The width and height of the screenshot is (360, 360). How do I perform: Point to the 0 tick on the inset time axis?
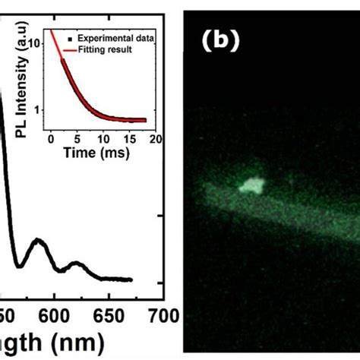(x=51, y=139)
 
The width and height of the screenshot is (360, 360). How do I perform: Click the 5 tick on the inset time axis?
(x=77, y=139)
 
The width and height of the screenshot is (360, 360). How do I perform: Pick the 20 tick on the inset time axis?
(x=155, y=139)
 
